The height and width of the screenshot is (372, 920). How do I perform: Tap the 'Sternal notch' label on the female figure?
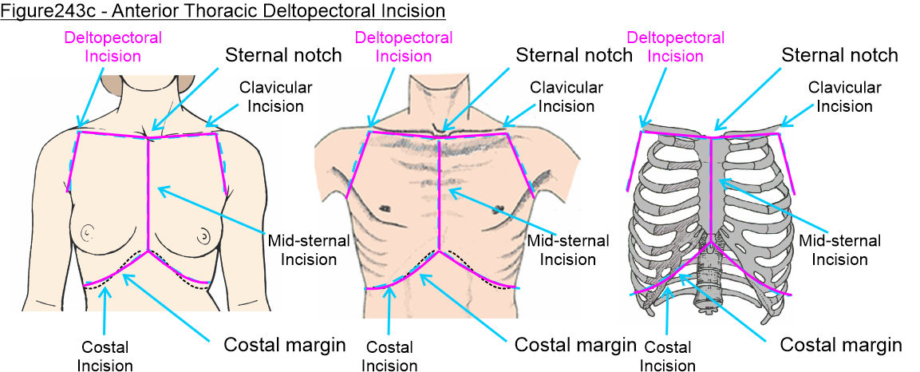(x=283, y=55)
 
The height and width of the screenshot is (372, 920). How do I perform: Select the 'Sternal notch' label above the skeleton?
(x=839, y=55)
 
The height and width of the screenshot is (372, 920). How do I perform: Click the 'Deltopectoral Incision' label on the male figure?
(x=404, y=47)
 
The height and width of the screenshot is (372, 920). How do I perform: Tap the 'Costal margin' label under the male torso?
(x=575, y=346)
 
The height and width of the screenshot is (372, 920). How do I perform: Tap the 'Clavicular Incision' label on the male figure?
(x=567, y=96)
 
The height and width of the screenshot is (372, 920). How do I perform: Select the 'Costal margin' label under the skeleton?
(x=840, y=346)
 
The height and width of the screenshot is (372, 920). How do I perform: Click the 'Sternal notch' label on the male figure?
(x=575, y=55)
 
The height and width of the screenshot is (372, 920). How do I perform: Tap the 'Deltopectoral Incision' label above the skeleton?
(x=676, y=47)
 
